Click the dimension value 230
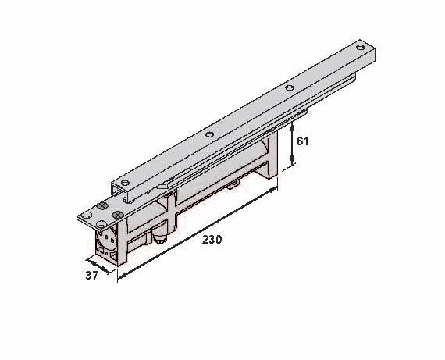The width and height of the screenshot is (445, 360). tap(211, 240)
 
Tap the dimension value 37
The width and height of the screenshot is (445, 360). tap(91, 274)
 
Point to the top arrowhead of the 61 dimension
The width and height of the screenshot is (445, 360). tap(293, 125)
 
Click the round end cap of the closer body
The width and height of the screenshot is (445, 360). tap(106, 237)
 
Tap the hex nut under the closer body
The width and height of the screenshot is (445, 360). tap(160, 238)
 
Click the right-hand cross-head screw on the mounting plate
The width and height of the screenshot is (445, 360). tap(116, 215)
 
